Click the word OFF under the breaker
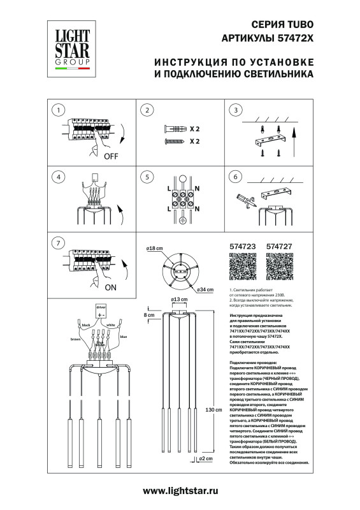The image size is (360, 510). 111,155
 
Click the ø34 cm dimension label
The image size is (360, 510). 205,291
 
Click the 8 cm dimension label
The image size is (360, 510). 150,315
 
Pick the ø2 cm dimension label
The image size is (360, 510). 205,458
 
